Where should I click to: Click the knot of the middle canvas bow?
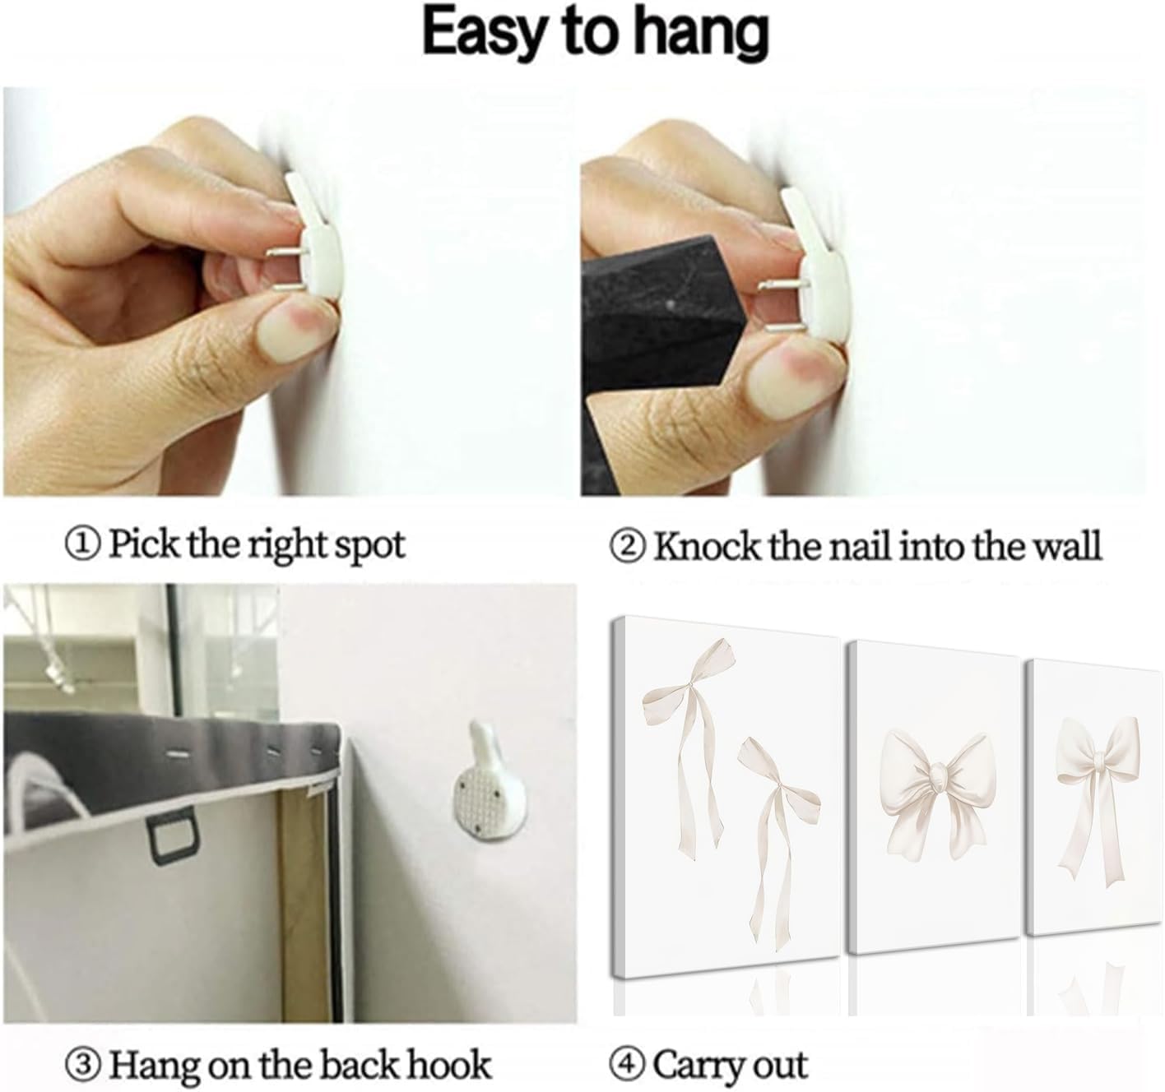click(x=937, y=780)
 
